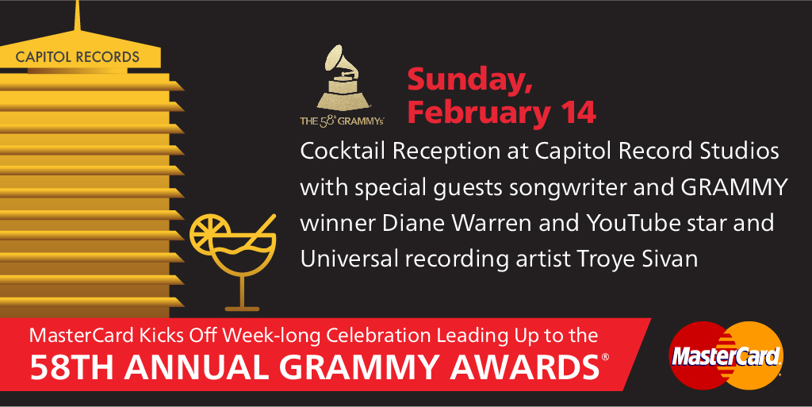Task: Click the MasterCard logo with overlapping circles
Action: pyautogui.click(x=726, y=355)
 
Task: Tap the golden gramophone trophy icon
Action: pyautogui.click(x=343, y=78)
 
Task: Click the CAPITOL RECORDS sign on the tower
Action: pyautogui.click(x=78, y=57)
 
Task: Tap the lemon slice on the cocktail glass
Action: pyautogui.click(x=209, y=233)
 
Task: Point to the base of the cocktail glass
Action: pyautogui.click(x=242, y=309)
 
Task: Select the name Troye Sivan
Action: pyautogui.click(x=637, y=259)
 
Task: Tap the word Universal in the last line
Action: pyautogui.click(x=349, y=259)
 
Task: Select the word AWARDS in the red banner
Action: pyautogui.click(x=525, y=367)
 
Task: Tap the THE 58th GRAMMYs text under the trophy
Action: pyautogui.click(x=342, y=121)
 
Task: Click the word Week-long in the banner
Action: pyautogui.click(x=272, y=336)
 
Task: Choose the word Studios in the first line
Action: pyautogui.click(x=740, y=152)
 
